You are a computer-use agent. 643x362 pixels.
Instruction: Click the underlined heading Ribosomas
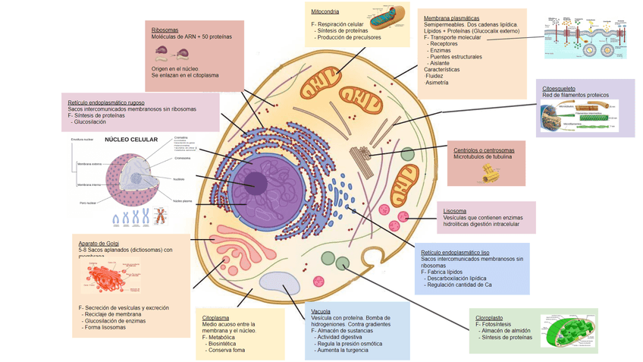[x=165, y=30]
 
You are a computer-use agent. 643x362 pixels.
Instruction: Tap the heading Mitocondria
[x=325, y=11]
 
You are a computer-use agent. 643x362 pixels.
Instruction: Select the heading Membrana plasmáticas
[x=451, y=17]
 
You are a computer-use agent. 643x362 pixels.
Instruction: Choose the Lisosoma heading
[x=455, y=211]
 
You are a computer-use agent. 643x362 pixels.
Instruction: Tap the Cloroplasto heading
[x=489, y=317]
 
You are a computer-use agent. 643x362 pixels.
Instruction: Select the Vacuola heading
[x=320, y=312]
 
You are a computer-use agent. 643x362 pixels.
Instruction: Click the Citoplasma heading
[x=215, y=317]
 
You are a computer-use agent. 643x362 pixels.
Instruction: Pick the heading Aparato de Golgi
[x=99, y=243]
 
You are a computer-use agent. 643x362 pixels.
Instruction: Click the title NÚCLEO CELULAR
[x=131, y=140]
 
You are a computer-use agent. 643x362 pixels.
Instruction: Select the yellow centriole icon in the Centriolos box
[x=489, y=174]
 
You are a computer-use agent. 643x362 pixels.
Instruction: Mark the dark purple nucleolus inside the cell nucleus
[x=255, y=183]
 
